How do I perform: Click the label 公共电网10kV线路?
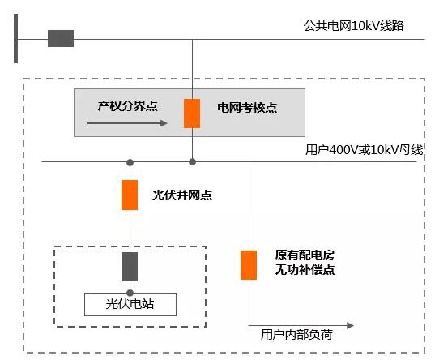pyautogui.click(x=353, y=26)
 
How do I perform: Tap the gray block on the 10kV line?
pyautogui.click(x=61, y=38)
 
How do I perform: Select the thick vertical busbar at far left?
pyautogui.click(x=16, y=38)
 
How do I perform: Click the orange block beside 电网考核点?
pyautogui.click(x=192, y=114)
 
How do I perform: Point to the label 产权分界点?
pyautogui.click(x=128, y=106)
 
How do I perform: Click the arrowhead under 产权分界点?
pyautogui.click(x=164, y=123)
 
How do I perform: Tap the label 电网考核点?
pyautogui.click(x=247, y=108)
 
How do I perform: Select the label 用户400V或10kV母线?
pyautogui.click(x=365, y=150)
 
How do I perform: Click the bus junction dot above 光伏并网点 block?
pyautogui.click(x=130, y=162)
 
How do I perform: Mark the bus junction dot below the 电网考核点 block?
pyautogui.click(x=192, y=162)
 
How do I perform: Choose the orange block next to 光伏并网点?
pyautogui.click(x=130, y=195)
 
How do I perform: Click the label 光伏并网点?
pyautogui.click(x=182, y=195)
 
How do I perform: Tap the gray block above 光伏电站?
pyautogui.click(x=130, y=267)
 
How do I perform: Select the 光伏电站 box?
pyautogui.click(x=130, y=304)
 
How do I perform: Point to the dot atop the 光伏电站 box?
pyautogui.click(x=130, y=293)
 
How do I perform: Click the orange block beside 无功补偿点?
pyautogui.click(x=249, y=265)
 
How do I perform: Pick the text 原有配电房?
pyautogui.click(x=305, y=255)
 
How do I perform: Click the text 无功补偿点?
pyautogui.click(x=305, y=270)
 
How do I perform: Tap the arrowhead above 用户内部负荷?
pyautogui.click(x=351, y=325)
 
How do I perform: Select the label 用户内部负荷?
pyautogui.click(x=296, y=334)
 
